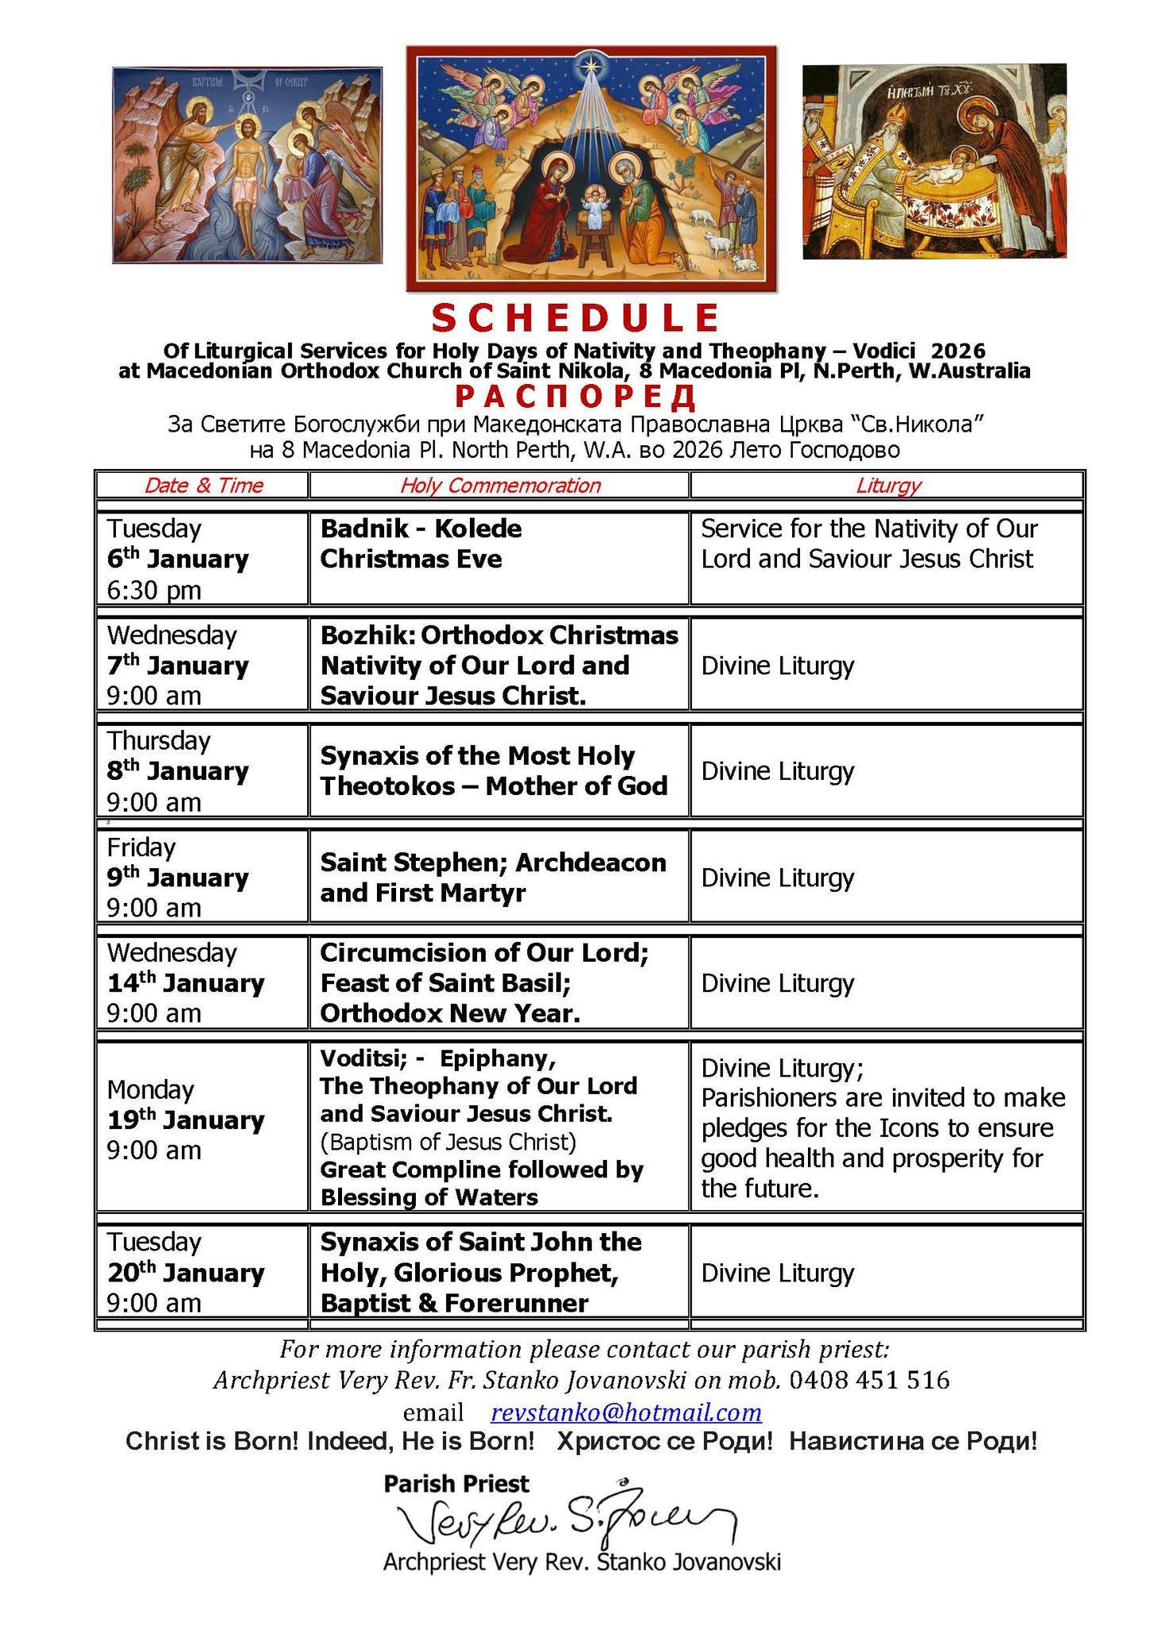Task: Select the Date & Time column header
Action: (203, 486)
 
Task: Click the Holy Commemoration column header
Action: (500, 486)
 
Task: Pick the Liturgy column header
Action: (887, 486)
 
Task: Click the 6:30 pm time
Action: (154, 590)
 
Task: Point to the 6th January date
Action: (178, 559)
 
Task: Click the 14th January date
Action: (186, 983)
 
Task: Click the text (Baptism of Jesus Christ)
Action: (448, 1142)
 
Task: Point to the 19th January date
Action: (186, 1120)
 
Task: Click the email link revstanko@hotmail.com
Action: (626, 1412)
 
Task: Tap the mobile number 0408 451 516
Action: (869, 1381)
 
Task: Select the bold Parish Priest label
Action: (456, 1483)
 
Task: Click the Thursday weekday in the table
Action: (159, 741)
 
